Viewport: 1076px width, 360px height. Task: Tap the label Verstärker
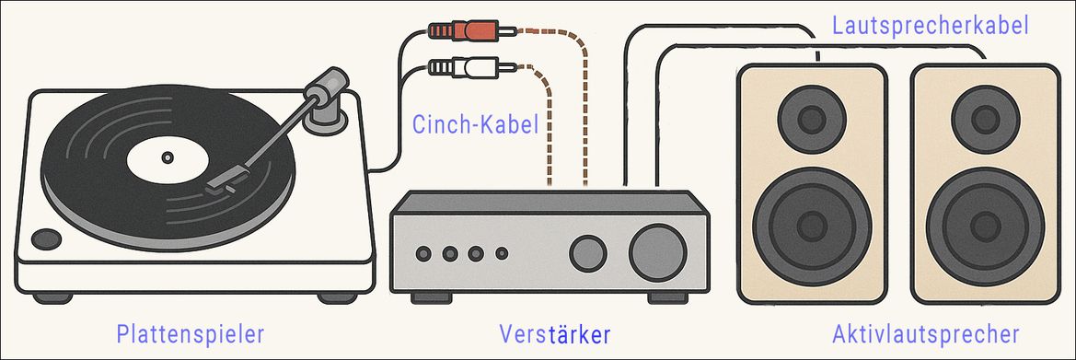[x=555, y=332]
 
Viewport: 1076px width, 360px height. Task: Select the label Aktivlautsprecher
[x=925, y=332]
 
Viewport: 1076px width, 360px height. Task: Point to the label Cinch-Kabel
[x=475, y=125]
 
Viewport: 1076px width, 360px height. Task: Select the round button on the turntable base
[x=45, y=238]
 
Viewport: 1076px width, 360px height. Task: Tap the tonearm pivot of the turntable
[x=325, y=97]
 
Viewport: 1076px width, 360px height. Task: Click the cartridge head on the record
[x=221, y=179]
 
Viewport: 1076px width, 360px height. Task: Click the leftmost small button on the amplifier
[x=424, y=253]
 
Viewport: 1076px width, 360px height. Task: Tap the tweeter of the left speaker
[x=811, y=118]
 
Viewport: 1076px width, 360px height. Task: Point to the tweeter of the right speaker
[x=984, y=118]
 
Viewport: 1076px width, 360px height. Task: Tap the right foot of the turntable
[x=337, y=297]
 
